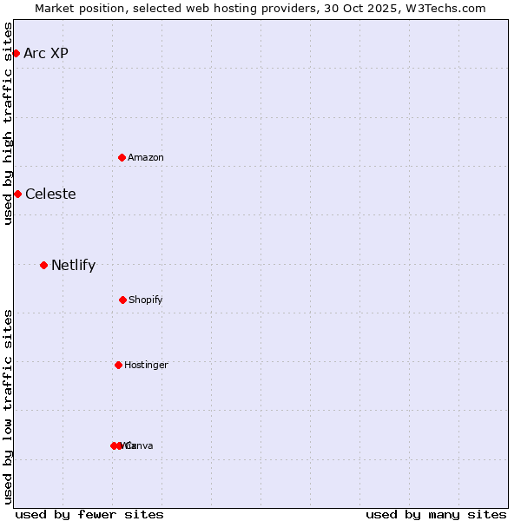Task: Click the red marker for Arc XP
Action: point(16,53)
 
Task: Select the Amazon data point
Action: point(122,157)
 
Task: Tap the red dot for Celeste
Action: point(17,194)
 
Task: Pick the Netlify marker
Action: point(43,265)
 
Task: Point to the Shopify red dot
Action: point(122,300)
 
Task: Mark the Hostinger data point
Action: point(118,365)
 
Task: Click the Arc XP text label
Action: point(46,53)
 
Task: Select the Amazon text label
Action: point(146,157)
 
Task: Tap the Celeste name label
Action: point(50,194)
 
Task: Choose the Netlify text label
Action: point(73,265)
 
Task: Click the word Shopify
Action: point(146,300)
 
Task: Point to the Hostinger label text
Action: point(146,365)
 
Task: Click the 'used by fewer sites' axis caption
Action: point(89,514)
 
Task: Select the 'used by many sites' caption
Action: point(436,514)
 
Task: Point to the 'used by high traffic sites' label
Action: point(8,124)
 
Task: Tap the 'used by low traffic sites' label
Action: point(8,406)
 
